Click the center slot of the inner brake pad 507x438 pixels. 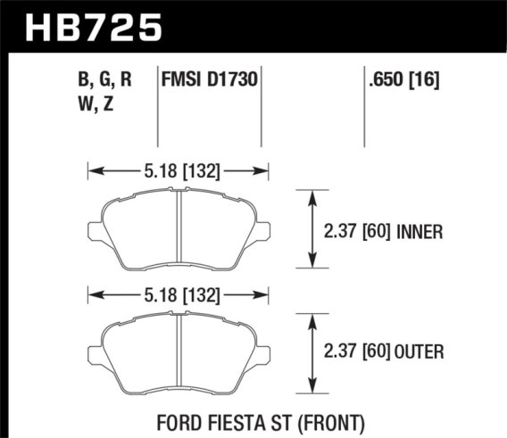coord(179,228)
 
